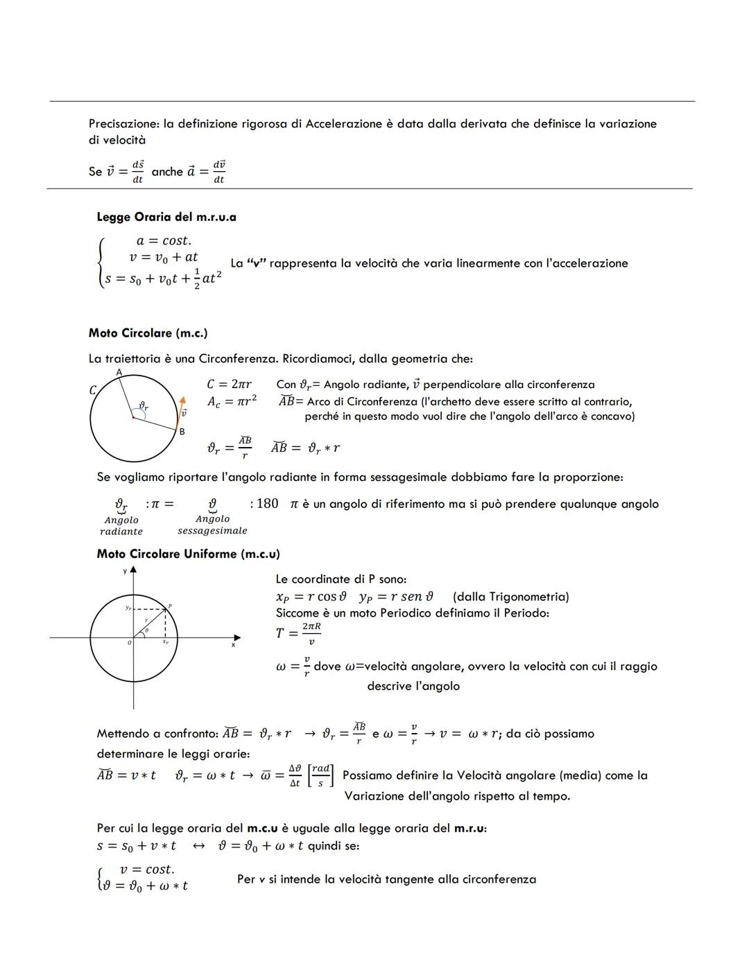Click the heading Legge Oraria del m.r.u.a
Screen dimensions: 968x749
point(166,217)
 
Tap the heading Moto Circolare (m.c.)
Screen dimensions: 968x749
point(148,333)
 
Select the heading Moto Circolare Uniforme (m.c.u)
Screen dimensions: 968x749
point(188,554)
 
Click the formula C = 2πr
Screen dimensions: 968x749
point(229,384)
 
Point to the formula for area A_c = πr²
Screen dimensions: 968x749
point(232,401)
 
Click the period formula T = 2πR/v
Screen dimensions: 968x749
point(298,633)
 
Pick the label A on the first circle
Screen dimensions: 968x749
point(119,372)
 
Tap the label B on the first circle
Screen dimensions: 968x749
point(182,432)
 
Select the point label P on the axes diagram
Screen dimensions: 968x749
point(170,606)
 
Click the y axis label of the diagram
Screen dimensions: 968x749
point(125,571)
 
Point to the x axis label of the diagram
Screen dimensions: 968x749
point(233,645)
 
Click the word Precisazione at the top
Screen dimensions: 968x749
point(123,124)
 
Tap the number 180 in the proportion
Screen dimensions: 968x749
point(267,504)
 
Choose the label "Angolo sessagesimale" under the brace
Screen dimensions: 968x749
point(212,525)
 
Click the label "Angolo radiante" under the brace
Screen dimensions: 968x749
point(121,526)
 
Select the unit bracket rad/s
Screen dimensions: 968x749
point(320,776)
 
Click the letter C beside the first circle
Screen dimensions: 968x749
point(92,390)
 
